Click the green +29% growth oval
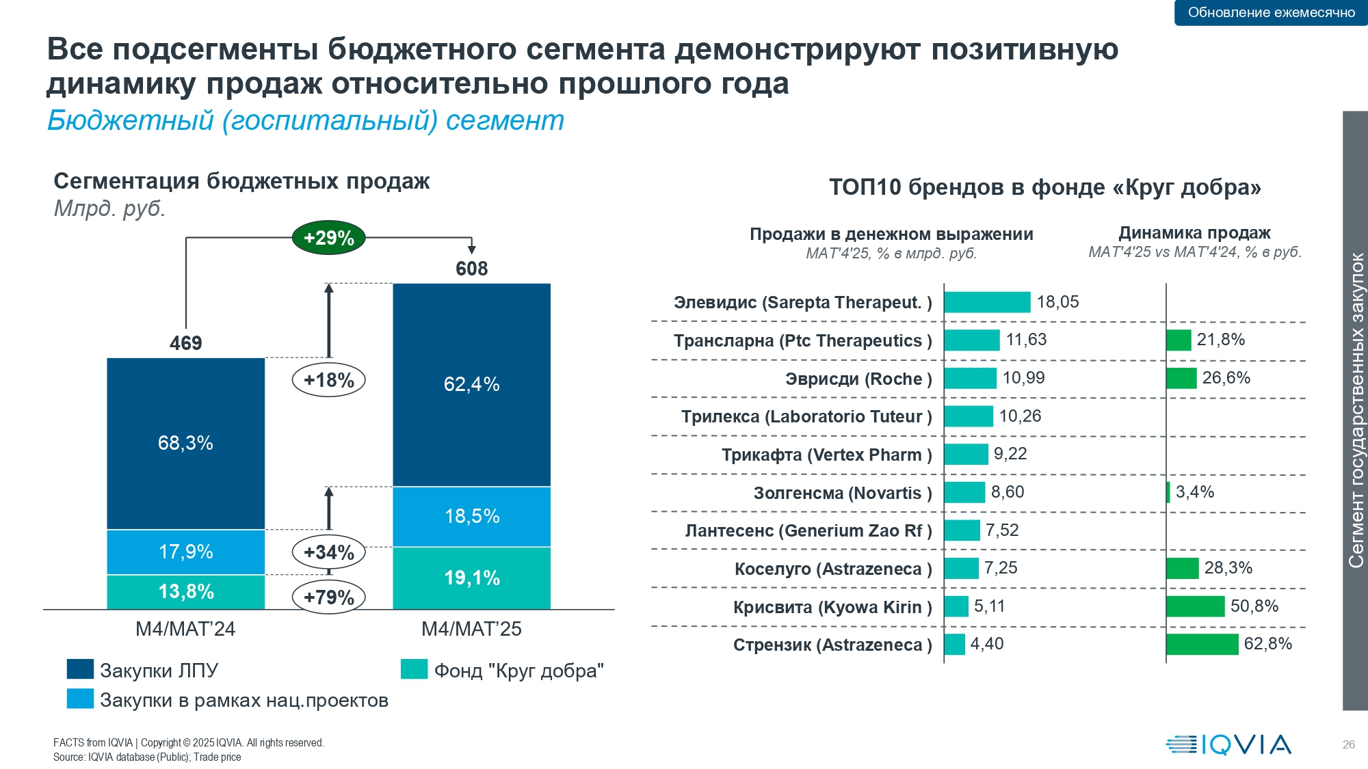(328, 238)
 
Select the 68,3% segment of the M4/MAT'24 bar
(185, 443)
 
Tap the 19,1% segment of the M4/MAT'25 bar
(471, 578)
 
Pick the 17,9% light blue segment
(185, 552)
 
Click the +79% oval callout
(328, 597)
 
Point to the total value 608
(471, 269)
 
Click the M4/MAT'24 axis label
(185, 629)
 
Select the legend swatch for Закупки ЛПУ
(80, 669)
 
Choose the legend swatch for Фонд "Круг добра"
(414, 669)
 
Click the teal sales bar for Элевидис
(987, 302)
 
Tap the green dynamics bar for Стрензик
(1202, 645)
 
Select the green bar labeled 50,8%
(1195, 606)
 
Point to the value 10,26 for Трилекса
(1020, 416)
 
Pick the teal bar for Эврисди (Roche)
(970, 378)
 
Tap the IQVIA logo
(1228, 744)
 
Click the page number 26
(1348, 744)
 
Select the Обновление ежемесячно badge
(1271, 12)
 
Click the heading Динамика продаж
(1194, 233)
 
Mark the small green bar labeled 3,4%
(1168, 492)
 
